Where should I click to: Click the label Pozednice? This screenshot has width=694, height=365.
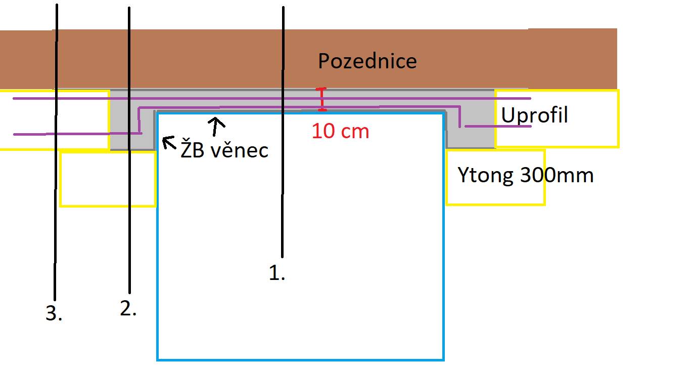[x=367, y=61]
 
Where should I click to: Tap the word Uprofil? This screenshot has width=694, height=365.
[x=534, y=115]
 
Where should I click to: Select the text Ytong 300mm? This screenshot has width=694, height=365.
[x=526, y=175]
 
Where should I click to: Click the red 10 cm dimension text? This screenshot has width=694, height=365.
[x=340, y=131]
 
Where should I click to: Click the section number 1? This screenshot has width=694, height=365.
[x=276, y=273]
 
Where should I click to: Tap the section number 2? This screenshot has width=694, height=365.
[x=128, y=309]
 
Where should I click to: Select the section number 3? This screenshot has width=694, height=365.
[x=54, y=313]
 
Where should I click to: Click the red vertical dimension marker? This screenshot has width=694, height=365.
[x=322, y=99]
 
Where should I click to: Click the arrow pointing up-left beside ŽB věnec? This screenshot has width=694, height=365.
[x=169, y=142]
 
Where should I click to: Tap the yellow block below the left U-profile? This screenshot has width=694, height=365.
[x=108, y=179]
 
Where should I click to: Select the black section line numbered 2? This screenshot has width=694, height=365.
[x=129, y=150]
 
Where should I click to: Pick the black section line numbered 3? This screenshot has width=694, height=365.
[x=56, y=152]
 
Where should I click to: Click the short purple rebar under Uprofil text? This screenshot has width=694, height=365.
[x=498, y=127]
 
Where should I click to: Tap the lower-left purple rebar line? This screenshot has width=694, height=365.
[x=77, y=134]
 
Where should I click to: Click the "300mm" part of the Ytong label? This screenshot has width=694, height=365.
[x=557, y=175]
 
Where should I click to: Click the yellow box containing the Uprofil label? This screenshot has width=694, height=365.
[x=557, y=91]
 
